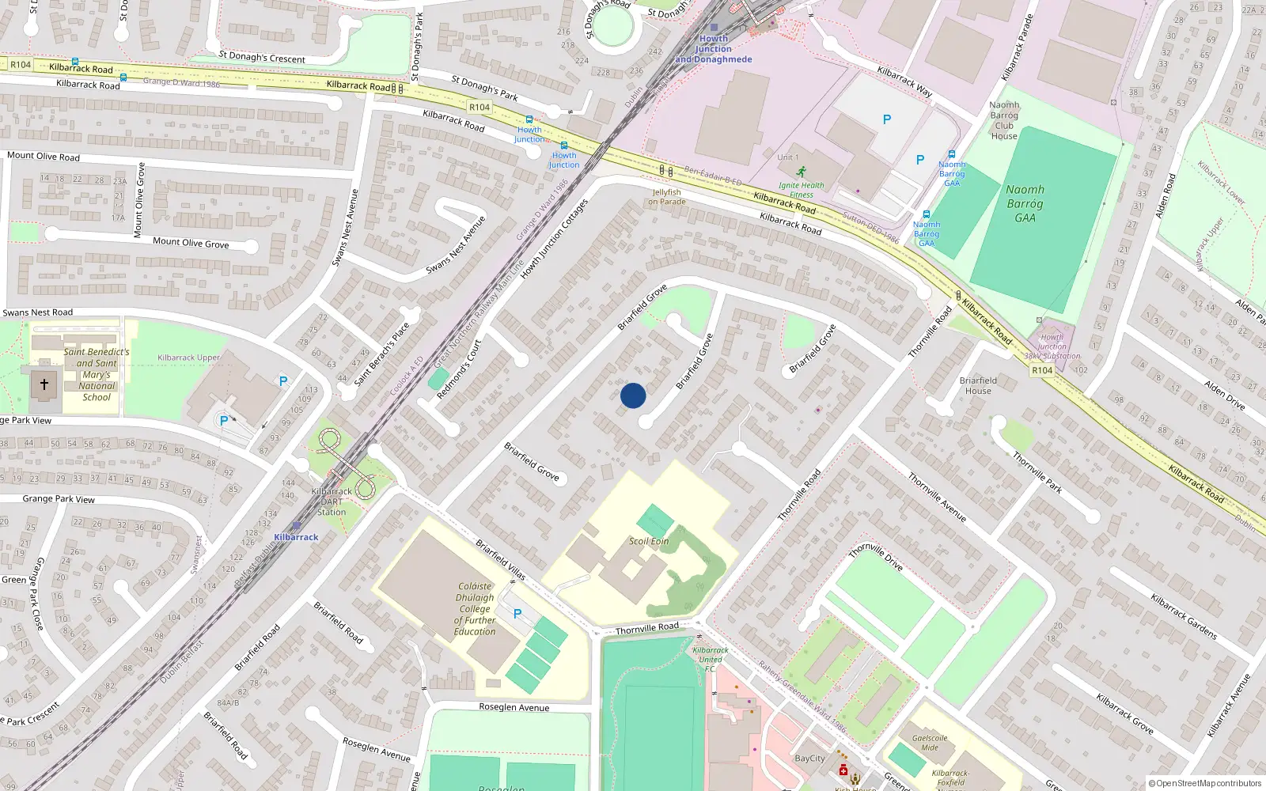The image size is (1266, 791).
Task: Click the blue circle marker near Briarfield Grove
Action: (632, 395)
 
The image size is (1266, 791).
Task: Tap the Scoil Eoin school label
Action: (649, 542)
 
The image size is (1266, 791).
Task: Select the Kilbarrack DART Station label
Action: (332, 501)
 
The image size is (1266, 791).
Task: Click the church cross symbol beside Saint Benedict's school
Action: (44, 384)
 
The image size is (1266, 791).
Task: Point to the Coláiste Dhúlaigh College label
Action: (475, 609)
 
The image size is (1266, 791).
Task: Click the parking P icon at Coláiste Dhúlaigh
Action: (517, 614)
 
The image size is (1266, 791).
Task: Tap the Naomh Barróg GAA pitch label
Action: (1025, 203)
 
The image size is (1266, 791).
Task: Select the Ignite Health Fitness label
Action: (801, 189)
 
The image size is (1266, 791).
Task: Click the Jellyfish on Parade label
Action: (667, 197)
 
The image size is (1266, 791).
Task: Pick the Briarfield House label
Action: (978, 385)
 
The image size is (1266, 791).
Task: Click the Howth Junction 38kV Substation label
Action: (1052, 346)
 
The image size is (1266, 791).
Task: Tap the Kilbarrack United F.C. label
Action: (710, 659)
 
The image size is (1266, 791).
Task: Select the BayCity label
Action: (809, 758)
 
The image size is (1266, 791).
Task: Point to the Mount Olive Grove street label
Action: (191, 243)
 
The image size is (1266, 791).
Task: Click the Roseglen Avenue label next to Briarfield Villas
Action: (514, 707)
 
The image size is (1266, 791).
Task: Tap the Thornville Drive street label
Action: (875, 557)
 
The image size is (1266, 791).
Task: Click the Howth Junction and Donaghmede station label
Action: (713, 49)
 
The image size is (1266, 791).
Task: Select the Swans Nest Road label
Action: (37, 312)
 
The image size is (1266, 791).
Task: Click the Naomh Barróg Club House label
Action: (1004, 120)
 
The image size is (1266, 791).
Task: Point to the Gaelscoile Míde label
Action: (929, 742)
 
